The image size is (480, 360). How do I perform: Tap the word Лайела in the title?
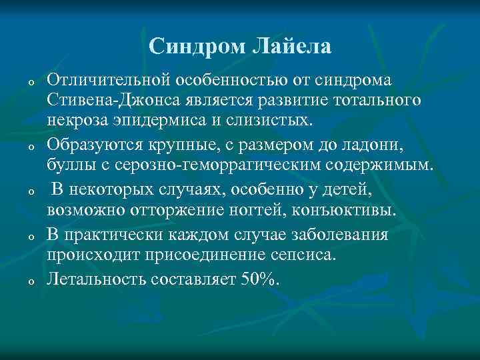[x=291, y=46]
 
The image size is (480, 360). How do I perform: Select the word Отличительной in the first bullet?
[x=108, y=81]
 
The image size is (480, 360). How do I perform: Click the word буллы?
[x=67, y=165]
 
